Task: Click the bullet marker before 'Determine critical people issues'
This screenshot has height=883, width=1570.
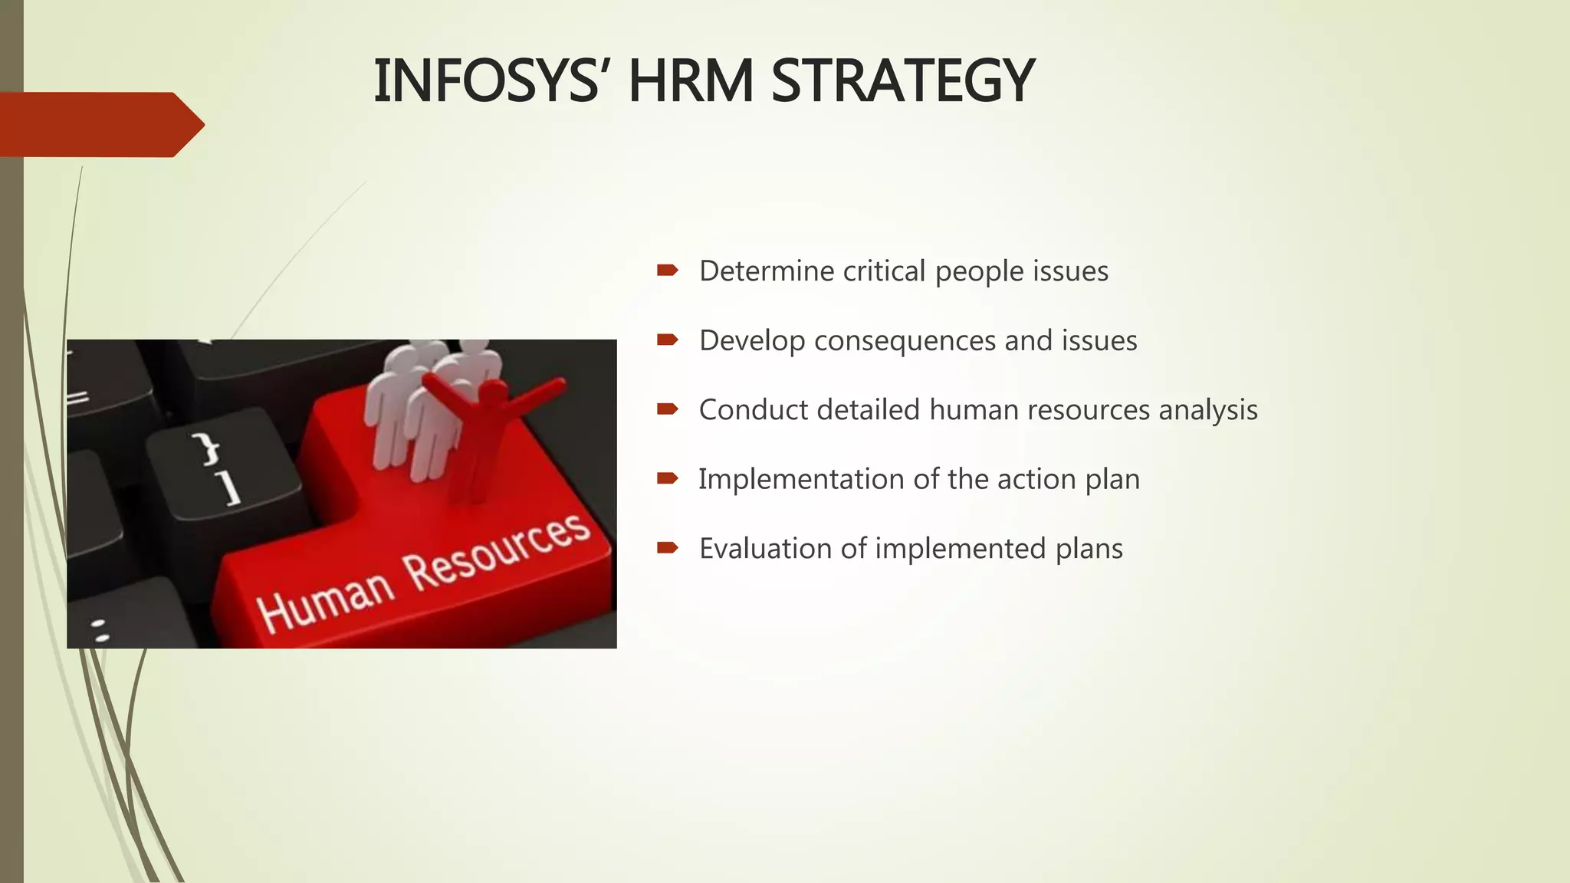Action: [667, 270]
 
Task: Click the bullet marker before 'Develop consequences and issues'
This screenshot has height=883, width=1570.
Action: [667, 340]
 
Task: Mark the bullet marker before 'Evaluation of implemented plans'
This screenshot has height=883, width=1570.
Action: [667, 547]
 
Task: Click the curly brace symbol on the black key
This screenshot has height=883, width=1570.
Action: [206, 448]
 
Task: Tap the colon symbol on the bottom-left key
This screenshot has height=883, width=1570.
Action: [100, 630]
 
